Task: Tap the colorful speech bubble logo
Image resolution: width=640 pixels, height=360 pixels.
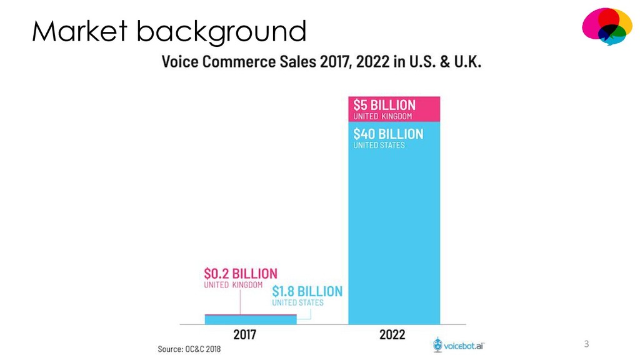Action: click(606, 26)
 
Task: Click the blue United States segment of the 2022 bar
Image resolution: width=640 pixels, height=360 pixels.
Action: click(394, 237)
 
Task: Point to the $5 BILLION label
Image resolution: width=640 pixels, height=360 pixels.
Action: click(384, 104)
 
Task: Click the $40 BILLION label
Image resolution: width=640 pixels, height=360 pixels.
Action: click(387, 134)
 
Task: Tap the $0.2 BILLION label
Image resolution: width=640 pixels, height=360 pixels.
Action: click(241, 273)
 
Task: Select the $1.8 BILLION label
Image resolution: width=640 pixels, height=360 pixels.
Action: click(307, 291)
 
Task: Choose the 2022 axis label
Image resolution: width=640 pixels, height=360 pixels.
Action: click(392, 334)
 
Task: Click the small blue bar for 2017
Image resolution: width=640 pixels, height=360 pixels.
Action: click(250, 319)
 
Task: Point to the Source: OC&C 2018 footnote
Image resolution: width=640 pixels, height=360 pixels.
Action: click(189, 349)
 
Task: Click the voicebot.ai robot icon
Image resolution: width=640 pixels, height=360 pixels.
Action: click(438, 344)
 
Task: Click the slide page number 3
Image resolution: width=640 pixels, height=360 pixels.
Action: click(586, 344)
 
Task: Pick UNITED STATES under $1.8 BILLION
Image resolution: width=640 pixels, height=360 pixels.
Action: click(297, 303)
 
